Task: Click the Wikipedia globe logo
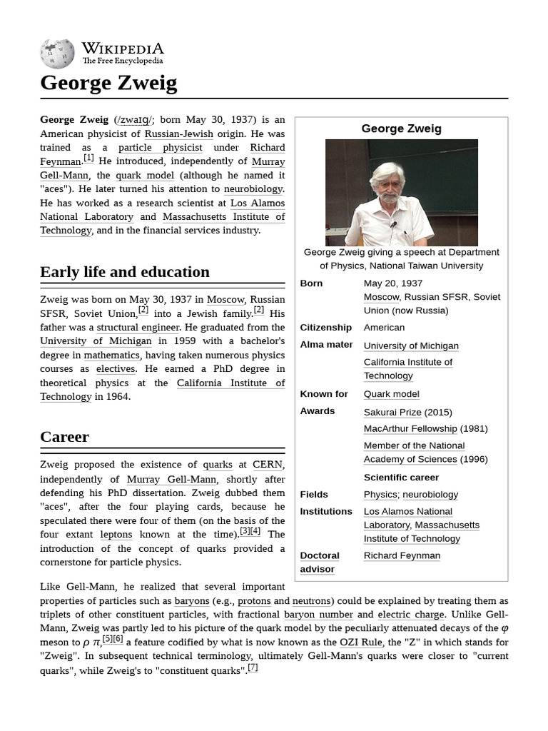pos(57,54)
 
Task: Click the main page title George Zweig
pos(108,84)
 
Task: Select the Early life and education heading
pos(125,272)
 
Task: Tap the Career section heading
pos(64,437)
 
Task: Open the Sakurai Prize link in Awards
pos(392,412)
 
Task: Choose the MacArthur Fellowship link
pos(410,428)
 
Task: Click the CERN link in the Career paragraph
pos(268,465)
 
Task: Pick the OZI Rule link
pos(360,642)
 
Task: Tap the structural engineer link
pos(138,328)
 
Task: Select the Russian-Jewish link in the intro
pos(178,133)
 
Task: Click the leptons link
pos(116,535)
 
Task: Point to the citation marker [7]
pos(253,668)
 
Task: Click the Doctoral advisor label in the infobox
pos(319,562)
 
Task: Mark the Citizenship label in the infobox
pos(325,328)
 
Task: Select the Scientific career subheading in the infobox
pos(401,478)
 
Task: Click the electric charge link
pos(411,615)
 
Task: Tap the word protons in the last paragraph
pos(254,601)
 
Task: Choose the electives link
pos(116,369)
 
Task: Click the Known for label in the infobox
pos(324,394)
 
